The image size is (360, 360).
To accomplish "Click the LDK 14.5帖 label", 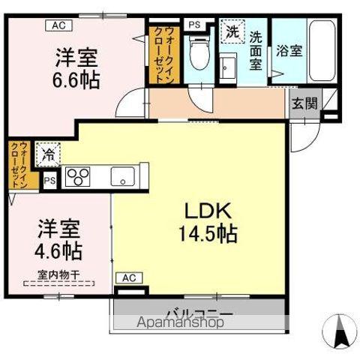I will click(208, 222).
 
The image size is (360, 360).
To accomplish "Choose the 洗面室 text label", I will click(256, 49).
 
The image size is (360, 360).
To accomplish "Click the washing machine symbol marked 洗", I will click(232, 33).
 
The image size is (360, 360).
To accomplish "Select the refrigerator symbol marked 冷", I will click(48, 154).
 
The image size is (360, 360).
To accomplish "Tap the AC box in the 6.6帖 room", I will click(57, 25).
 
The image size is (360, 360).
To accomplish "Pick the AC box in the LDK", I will click(129, 278).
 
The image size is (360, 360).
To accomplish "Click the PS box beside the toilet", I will click(194, 25).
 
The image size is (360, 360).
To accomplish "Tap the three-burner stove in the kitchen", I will click(78, 178).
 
